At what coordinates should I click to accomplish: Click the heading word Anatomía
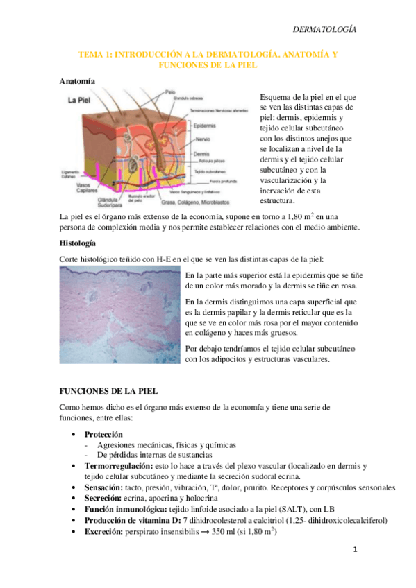[77, 80]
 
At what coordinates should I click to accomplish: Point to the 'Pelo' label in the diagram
[171, 92]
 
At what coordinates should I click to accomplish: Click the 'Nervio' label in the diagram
[201, 139]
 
